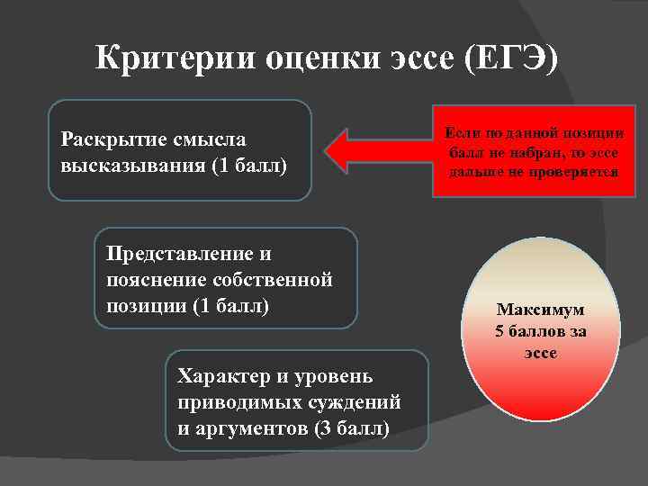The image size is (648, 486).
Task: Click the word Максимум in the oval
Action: tap(540, 309)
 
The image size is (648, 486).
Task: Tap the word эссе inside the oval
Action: tap(541, 352)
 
